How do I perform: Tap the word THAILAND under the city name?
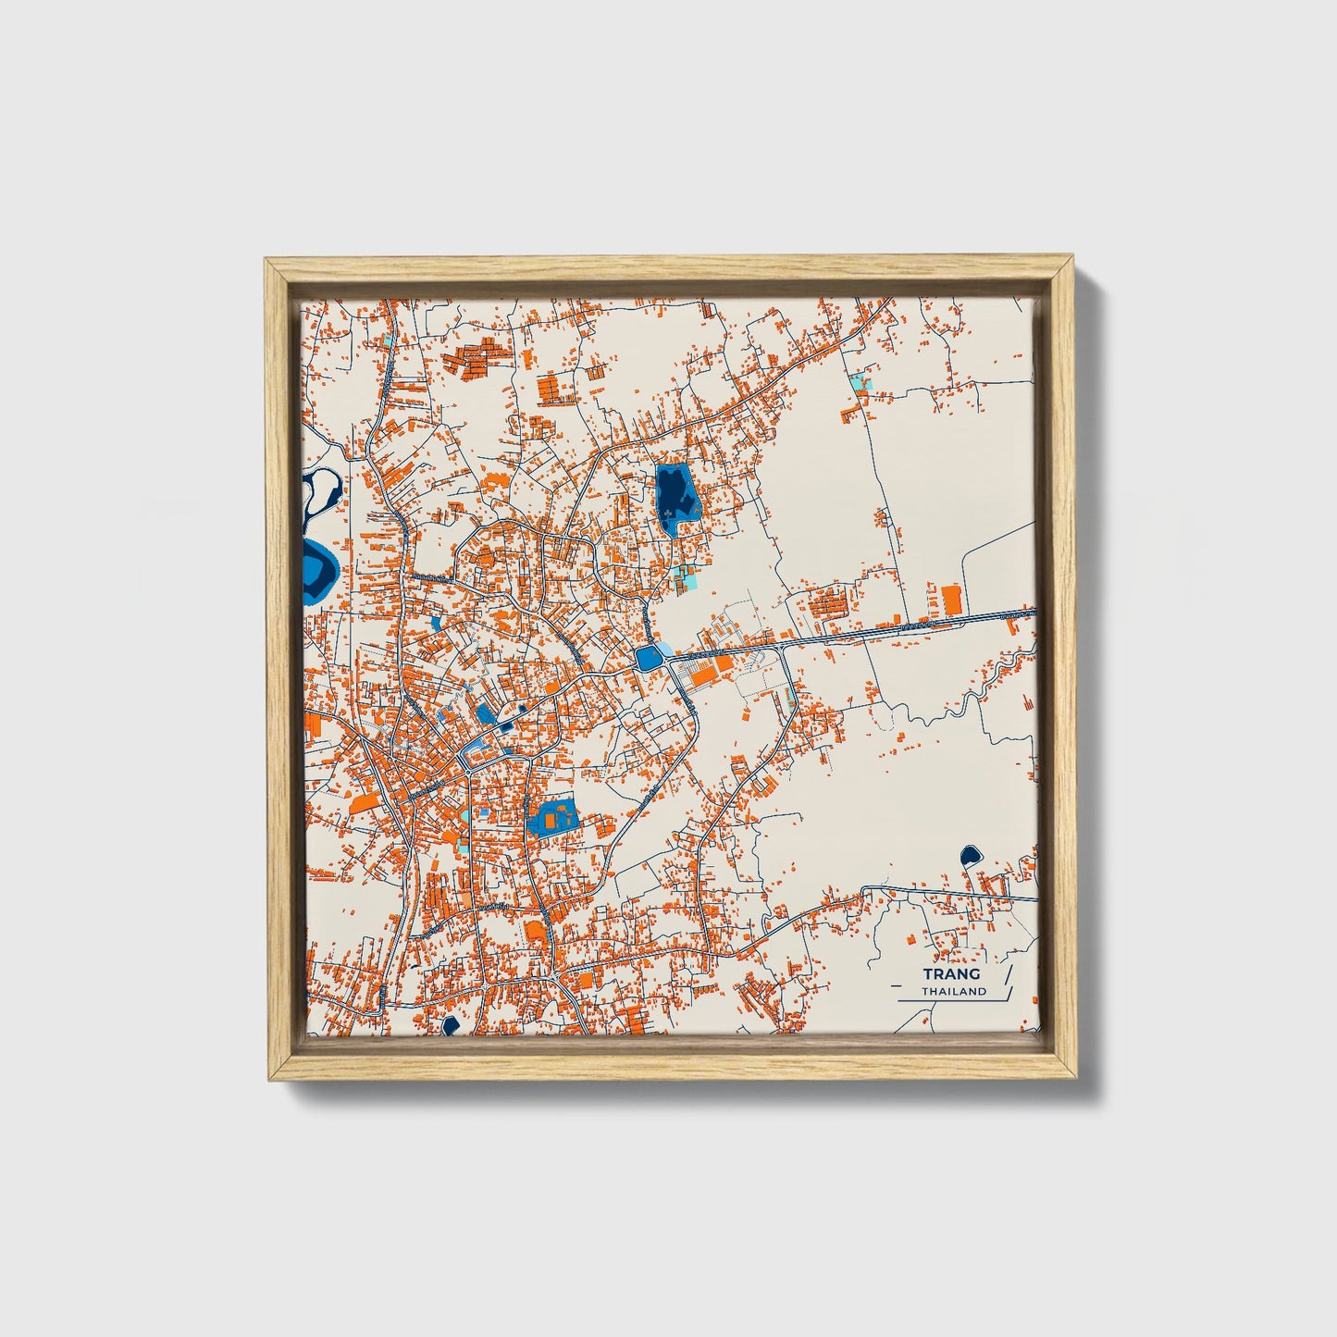[953, 991]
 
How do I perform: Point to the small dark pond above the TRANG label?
[970, 855]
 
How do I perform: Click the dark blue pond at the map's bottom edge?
[451, 1024]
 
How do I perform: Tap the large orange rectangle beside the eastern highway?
[950, 600]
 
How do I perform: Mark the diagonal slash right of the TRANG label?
[1008, 980]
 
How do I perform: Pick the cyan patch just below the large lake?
[687, 578]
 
